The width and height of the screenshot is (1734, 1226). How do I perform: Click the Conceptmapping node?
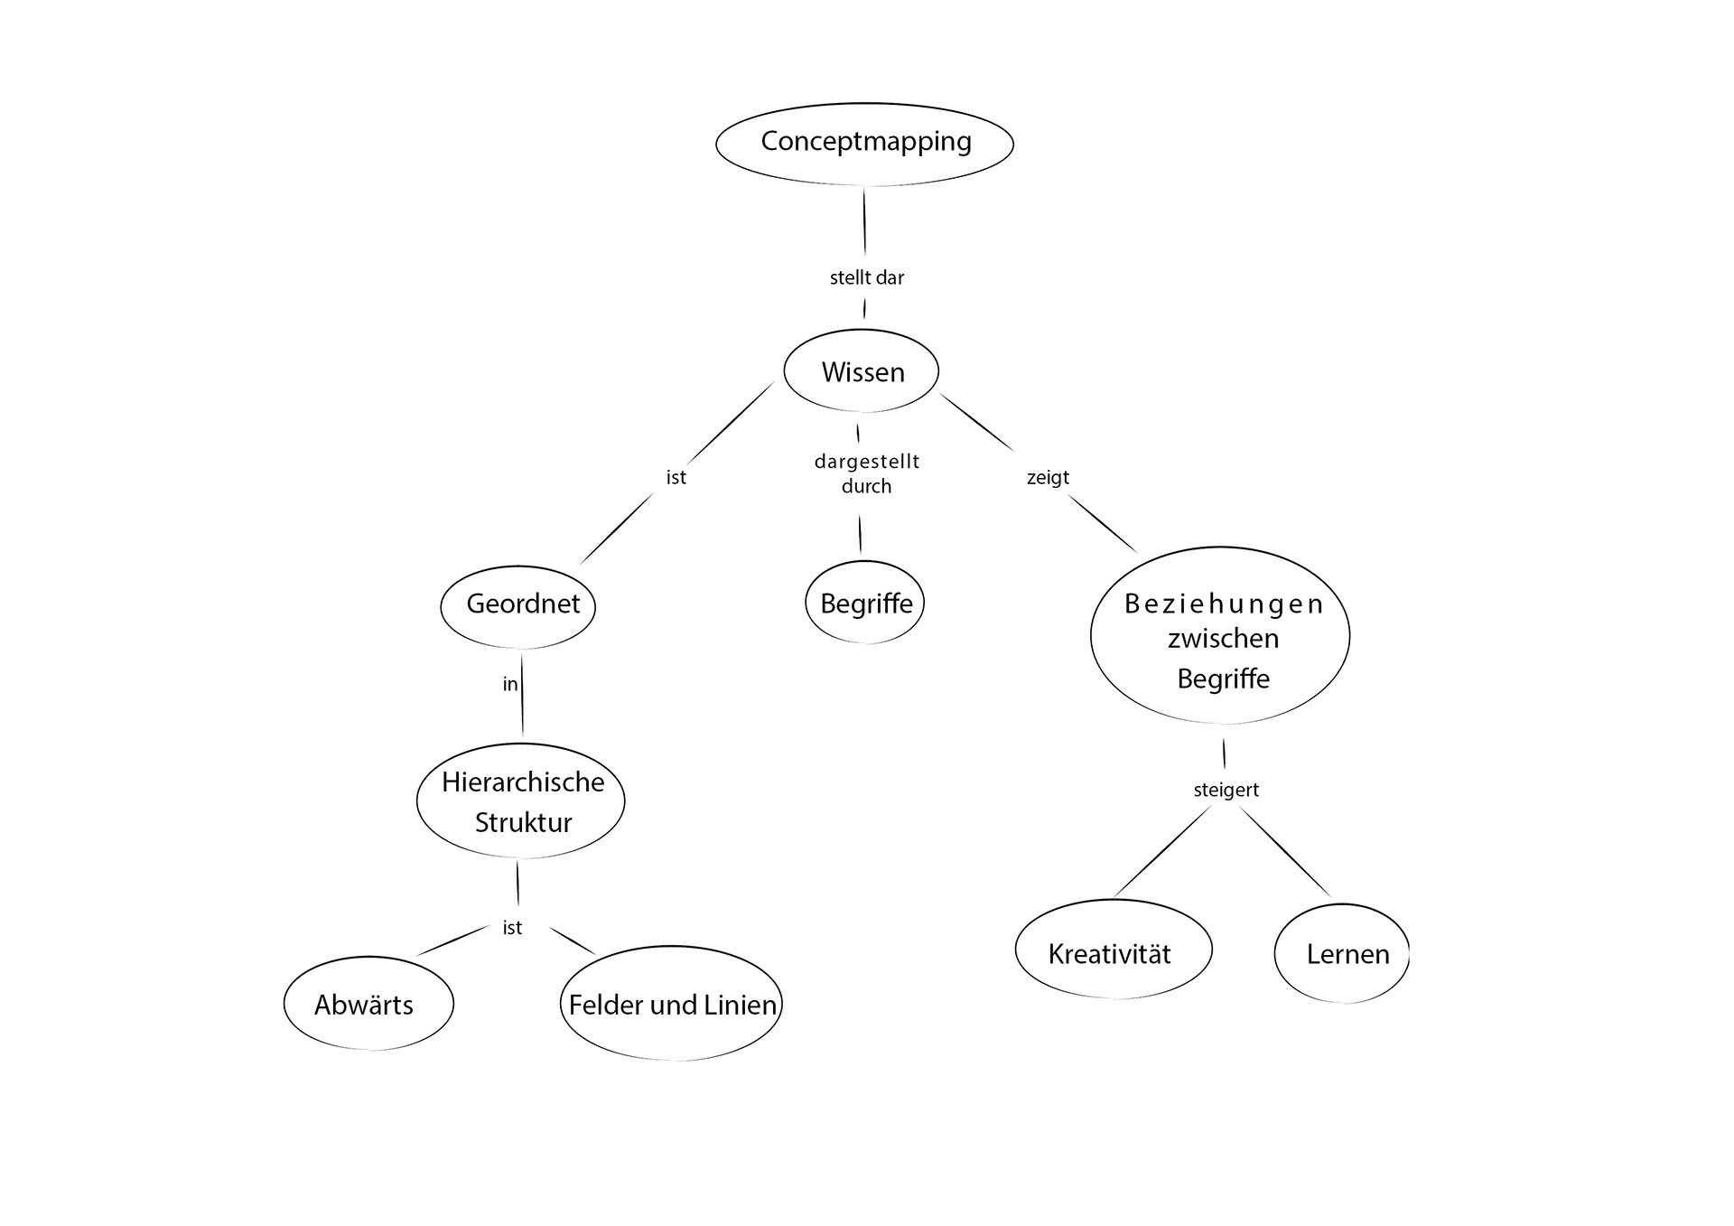click(x=864, y=143)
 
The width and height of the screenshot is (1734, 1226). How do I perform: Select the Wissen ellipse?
click(x=862, y=371)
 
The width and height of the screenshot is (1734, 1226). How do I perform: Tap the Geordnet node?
click(x=518, y=605)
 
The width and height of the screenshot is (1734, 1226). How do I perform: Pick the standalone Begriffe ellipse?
click(x=865, y=603)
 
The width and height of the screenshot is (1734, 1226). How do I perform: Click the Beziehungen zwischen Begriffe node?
click(x=1220, y=636)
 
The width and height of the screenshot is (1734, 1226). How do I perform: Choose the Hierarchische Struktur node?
click(x=521, y=801)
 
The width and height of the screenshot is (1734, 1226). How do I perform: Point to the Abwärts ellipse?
click(x=368, y=1004)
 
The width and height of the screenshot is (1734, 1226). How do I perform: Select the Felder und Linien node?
click(x=671, y=1004)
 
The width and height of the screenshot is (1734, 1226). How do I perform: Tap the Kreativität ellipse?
click(x=1113, y=950)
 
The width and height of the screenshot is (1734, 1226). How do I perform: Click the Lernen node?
click(x=1342, y=953)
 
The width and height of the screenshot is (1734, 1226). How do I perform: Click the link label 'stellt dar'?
click(x=866, y=278)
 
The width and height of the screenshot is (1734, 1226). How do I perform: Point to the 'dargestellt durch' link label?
click(x=866, y=473)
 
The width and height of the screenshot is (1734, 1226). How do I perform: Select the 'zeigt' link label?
click(x=1048, y=477)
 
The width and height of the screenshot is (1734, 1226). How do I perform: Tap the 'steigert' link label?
click(x=1226, y=790)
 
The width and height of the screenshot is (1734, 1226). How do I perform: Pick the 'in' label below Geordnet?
click(x=510, y=685)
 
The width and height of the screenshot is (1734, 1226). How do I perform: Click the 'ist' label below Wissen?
click(x=676, y=477)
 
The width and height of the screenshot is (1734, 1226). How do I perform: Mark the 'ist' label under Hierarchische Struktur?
click(x=512, y=928)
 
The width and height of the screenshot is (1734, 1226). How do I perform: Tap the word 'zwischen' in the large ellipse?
click(x=1223, y=639)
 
